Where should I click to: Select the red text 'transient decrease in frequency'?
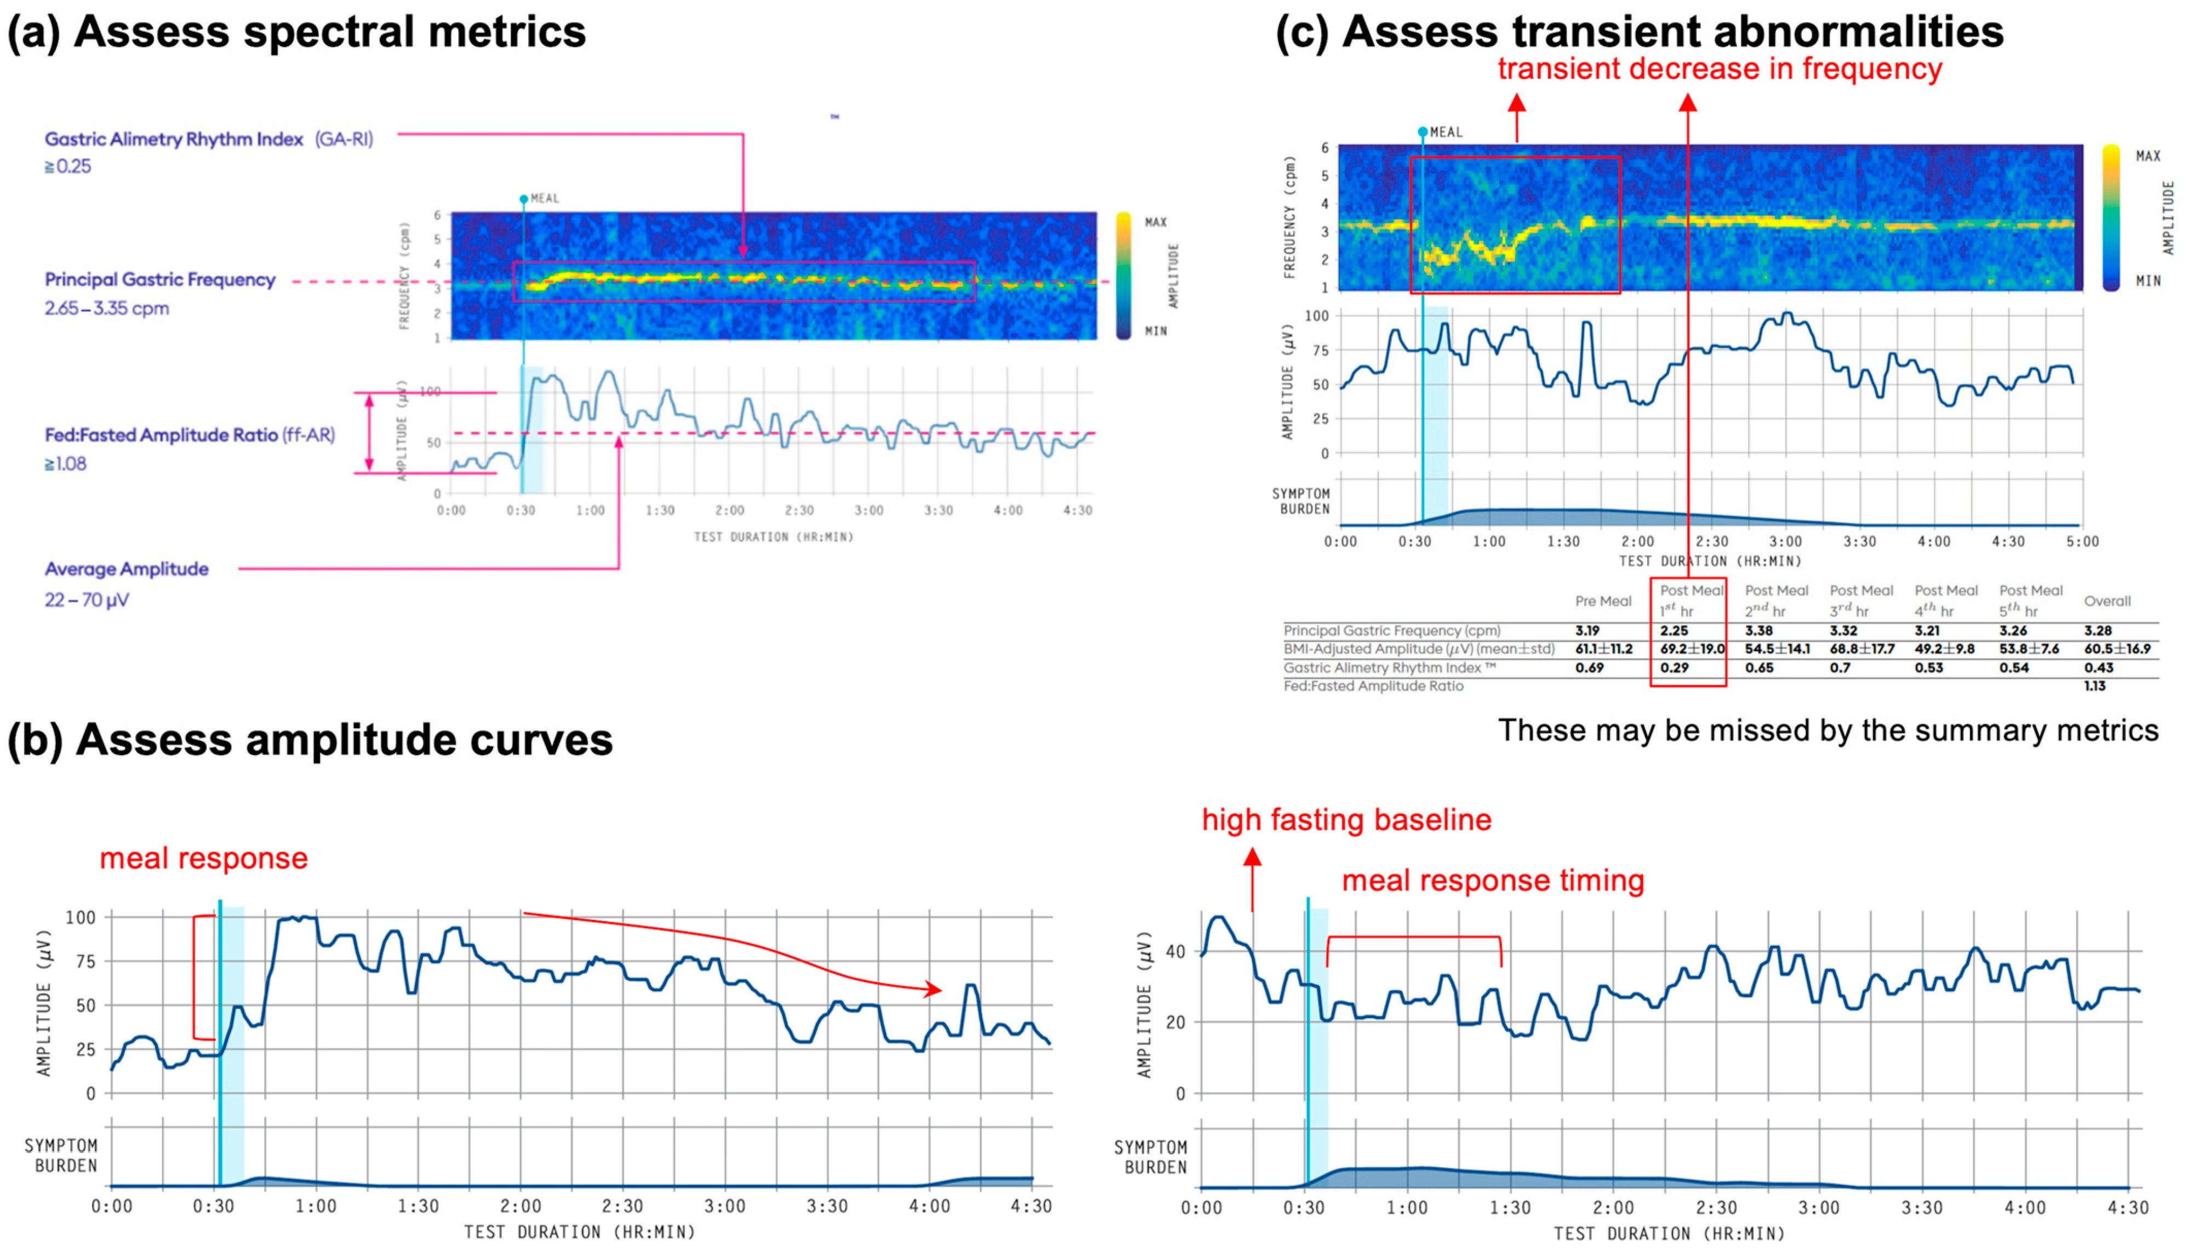1720,68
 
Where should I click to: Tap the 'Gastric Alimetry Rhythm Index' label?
174,139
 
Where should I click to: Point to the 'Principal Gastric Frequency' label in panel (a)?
160,280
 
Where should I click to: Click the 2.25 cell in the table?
1674,631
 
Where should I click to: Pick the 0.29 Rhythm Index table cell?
1674,667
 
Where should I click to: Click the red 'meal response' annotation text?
204,858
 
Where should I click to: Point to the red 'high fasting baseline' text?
1346,820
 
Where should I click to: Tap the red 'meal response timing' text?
1493,881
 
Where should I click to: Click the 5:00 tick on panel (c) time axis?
2081,542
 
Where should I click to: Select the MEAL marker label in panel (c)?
1446,132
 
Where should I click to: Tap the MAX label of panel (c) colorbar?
2148,156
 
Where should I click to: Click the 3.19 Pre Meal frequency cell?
1588,631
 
